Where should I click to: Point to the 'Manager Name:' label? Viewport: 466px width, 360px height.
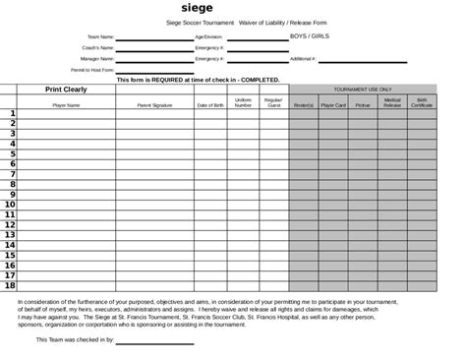[x=97, y=59]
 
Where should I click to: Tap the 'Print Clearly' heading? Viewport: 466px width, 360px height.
[x=66, y=90]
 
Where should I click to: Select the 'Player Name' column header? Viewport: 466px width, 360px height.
[x=66, y=104]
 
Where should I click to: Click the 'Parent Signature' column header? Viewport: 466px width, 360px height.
[x=154, y=104]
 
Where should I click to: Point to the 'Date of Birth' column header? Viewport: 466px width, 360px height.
[x=210, y=104]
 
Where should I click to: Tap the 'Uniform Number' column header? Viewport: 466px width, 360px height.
[x=243, y=101]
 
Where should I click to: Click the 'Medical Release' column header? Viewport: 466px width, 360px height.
[x=392, y=101]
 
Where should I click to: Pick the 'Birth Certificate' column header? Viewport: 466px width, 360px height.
[x=421, y=101]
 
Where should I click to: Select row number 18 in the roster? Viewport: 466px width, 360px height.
[x=10, y=286]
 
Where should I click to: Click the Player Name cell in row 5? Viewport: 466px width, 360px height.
[x=66, y=154]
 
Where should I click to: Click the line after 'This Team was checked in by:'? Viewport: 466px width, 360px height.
[x=155, y=340]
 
